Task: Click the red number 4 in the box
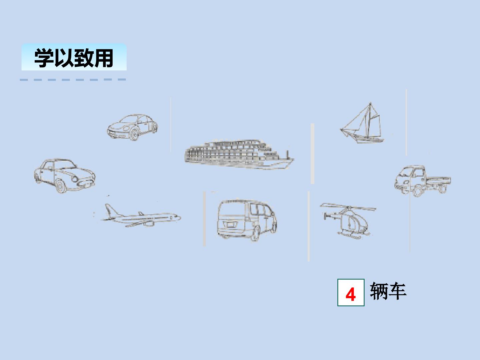(350, 295)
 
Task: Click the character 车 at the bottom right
(398, 291)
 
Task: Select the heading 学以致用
(74, 58)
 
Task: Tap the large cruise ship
(239, 154)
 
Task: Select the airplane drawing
(140, 217)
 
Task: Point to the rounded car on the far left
(64, 175)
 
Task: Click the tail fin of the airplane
(109, 209)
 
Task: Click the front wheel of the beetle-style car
(134, 135)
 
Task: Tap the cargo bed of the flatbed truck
(438, 181)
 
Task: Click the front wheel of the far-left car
(61, 187)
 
